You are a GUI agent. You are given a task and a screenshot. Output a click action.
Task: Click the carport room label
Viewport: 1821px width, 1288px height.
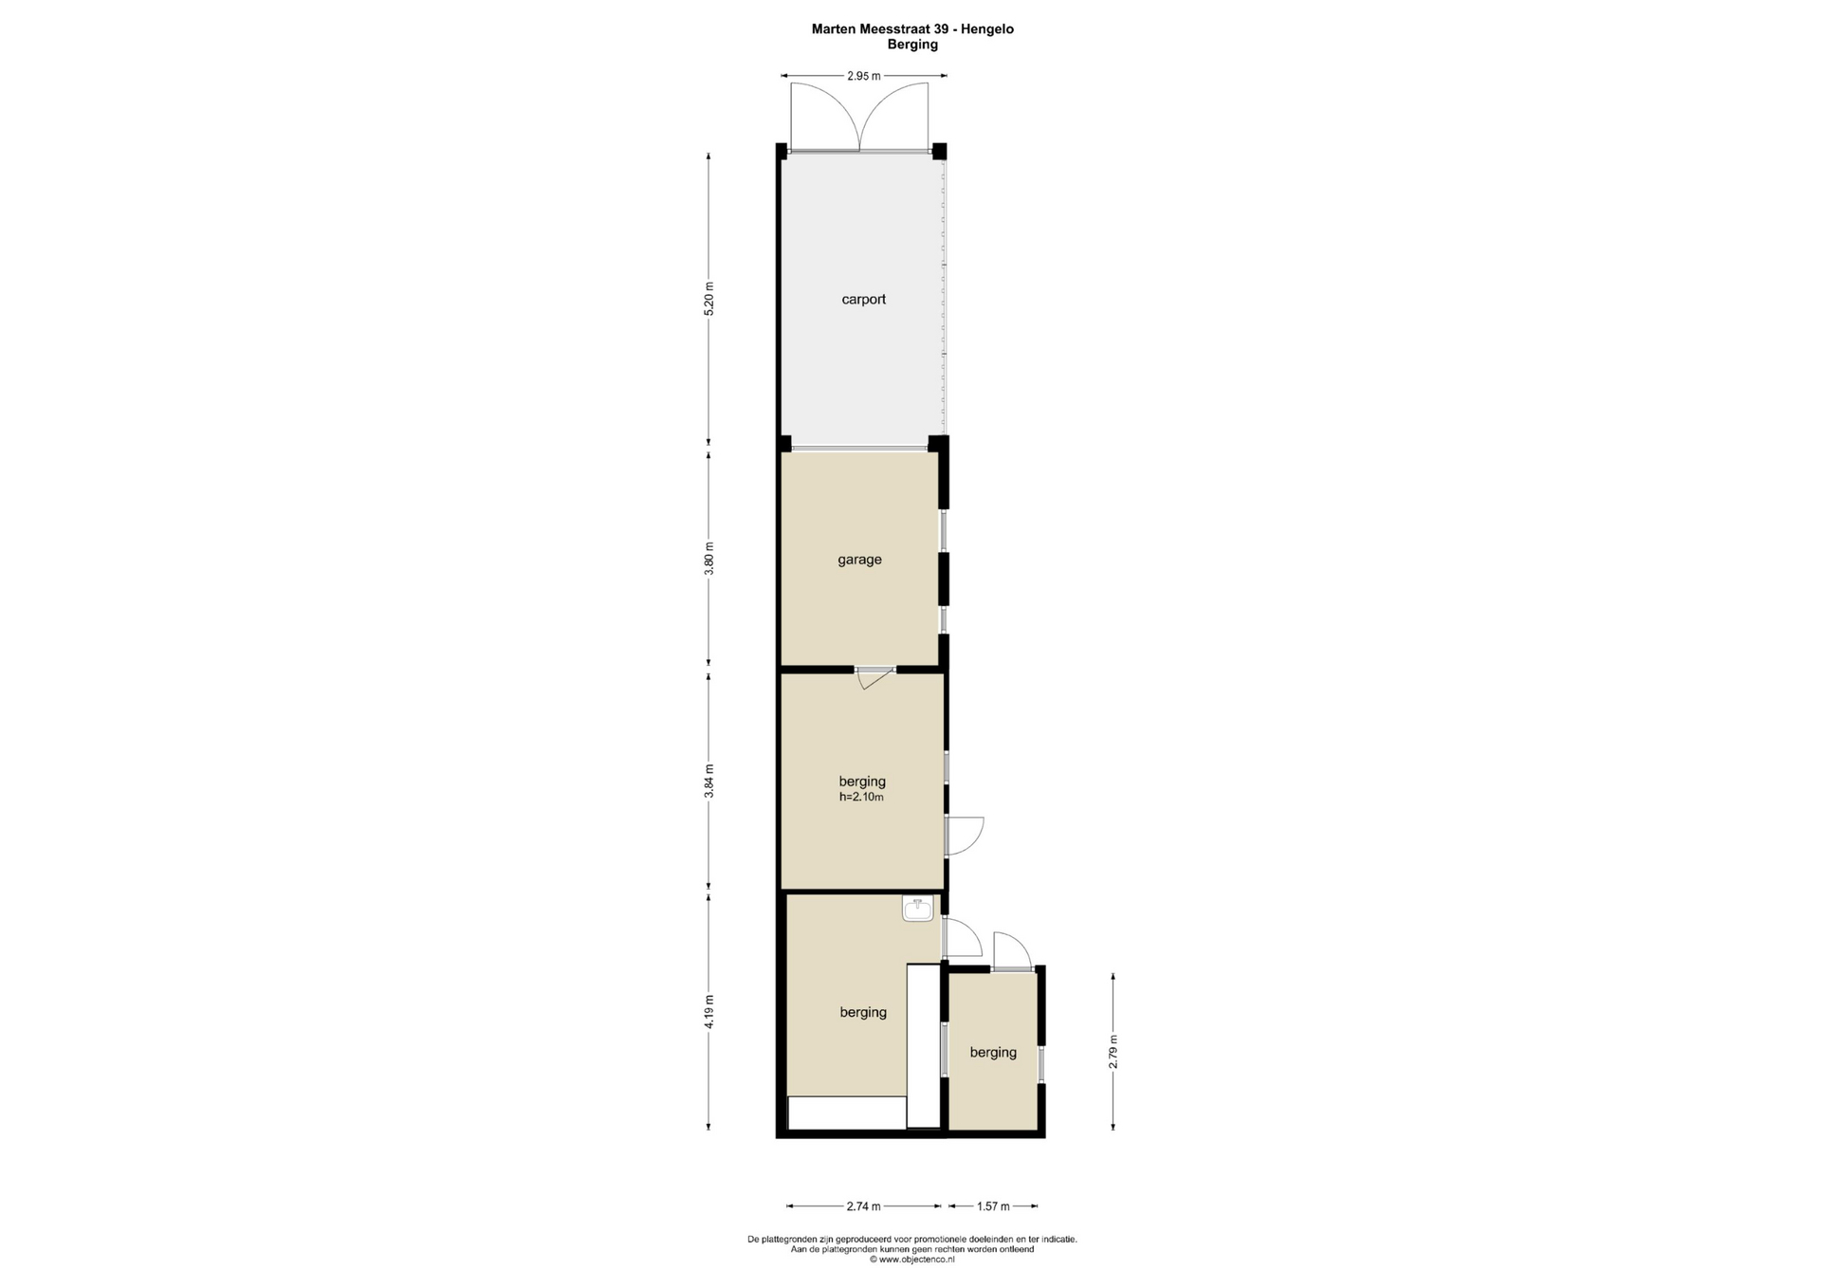click(x=863, y=300)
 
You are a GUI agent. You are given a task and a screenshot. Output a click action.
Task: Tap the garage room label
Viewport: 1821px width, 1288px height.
click(x=859, y=560)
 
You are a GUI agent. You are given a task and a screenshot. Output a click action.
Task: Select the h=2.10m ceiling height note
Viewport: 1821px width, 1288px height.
click(x=861, y=798)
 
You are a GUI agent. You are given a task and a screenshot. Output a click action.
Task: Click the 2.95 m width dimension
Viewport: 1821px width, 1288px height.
click(x=863, y=76)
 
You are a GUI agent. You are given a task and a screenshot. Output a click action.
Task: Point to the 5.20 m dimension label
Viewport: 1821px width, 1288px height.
click(x=708, y=299)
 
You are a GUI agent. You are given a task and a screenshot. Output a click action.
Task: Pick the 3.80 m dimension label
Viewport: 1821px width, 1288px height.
click(x=708, y=559)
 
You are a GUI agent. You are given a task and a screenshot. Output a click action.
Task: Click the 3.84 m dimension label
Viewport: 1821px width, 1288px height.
click(x=708, y=782)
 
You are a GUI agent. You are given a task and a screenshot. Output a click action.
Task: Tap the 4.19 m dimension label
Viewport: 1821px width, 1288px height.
click(x=708, y=1012)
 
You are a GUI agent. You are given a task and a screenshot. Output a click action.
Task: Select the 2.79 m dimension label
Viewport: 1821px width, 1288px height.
click(x=1113, y=1052)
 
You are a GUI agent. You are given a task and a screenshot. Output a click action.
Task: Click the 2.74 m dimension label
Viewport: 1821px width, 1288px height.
click(x=863, y=1206)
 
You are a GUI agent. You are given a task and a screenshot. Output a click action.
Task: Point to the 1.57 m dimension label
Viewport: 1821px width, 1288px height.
click(x=993, y=1206)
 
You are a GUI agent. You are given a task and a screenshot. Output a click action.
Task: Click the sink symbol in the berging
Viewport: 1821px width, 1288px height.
click(x=917, y=911)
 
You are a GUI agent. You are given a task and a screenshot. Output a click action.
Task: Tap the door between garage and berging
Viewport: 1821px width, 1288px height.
click(x=875, y=676)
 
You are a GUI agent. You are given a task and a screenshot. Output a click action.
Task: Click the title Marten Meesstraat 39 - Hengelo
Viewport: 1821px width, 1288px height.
click(x=912, y=29)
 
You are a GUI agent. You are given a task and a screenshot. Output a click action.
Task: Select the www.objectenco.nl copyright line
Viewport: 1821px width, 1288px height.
click(x=912, y=1260)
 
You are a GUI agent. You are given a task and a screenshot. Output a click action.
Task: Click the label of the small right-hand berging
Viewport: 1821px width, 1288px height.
click(x=993, y=1053)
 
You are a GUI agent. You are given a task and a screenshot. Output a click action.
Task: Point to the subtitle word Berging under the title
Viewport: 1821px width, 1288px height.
click(x=912, y=45)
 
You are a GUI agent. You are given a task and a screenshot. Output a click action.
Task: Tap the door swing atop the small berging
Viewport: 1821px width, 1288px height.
click(x=1012, y=950)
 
